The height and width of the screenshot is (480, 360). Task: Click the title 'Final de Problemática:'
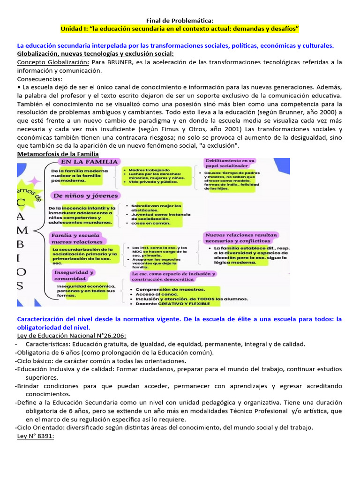(180, 20)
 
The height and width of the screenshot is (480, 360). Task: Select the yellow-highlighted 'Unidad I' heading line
(180, 29)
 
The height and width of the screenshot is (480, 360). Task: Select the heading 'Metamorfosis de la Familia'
(58, 154)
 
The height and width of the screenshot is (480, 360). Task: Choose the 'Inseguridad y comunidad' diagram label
(74, 275)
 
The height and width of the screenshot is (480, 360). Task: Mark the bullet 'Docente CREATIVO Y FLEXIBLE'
(172, 303)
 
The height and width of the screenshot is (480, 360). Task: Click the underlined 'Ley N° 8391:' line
(36, 436)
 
